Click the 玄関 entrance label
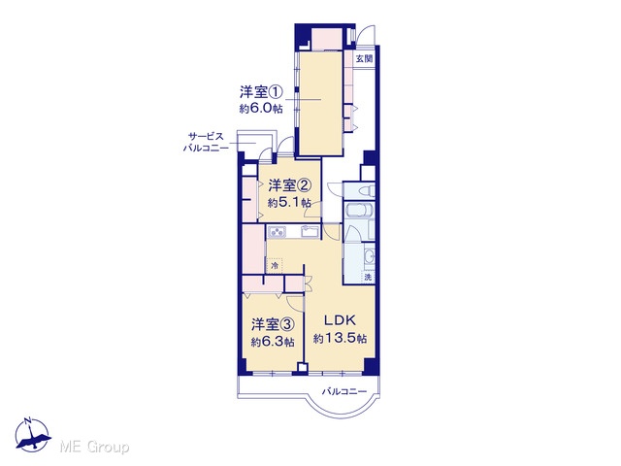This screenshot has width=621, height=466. click(364, 59)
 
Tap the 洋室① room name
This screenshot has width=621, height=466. click(261, 93)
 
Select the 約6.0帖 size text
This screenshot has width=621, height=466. click(261, 109)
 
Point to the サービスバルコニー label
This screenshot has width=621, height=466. click(206, 143)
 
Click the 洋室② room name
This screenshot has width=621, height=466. click(289, 185)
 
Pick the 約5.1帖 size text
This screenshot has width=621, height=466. click(289, 203)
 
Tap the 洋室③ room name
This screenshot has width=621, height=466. click(273, 325)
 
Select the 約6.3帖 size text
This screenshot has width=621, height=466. click(273, 342)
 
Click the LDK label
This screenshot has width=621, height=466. click(341, 320)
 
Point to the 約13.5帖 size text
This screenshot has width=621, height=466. click(341, 339)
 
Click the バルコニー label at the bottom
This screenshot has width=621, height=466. click(344, 392)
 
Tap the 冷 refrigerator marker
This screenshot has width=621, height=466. click(275, 266)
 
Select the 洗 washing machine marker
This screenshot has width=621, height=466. click(369, 277)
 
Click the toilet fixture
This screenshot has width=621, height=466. click(367, 191)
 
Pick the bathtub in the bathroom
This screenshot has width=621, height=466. click(358, 210)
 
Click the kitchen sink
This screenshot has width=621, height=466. click(310, 231)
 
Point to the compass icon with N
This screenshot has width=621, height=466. click(32, 435)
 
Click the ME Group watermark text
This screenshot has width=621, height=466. click(94, 448)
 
